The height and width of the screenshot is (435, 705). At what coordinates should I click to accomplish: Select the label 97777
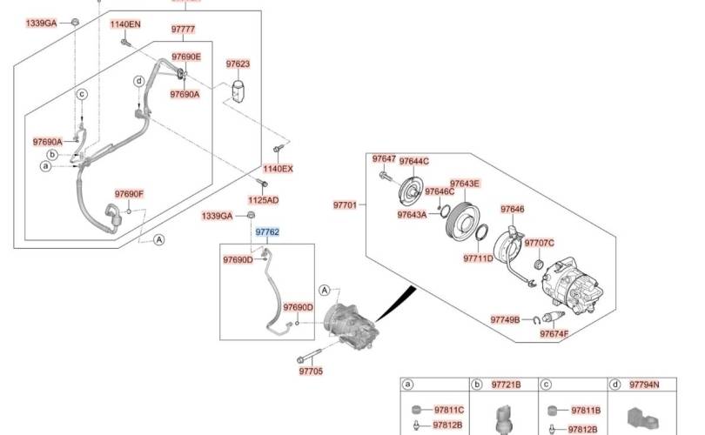click(183, 30)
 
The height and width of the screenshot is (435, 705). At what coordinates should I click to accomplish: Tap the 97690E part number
click(185, 57)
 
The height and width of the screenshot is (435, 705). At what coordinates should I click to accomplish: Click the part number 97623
click(238, 64)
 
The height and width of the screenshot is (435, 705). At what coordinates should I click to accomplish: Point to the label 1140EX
click(279, 169)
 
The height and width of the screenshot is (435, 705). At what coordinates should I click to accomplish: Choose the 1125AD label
click(262, 200)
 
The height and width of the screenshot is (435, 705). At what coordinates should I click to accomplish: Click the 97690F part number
click(129, 194)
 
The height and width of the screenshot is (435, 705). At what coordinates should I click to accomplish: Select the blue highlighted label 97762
click(267, 232)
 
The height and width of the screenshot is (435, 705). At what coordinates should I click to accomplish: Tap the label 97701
click(345, 205)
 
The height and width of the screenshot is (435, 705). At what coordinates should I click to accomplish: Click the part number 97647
click(384, 159)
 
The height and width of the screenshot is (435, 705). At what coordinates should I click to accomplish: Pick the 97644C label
click(414, 161)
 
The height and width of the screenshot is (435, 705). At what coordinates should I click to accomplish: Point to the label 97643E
click(464, 184)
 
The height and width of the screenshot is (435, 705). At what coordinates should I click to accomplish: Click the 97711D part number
click(478, 258)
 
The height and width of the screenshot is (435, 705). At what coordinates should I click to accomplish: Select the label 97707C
click(540, 242)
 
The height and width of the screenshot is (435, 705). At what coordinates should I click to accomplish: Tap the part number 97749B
click(505, 319)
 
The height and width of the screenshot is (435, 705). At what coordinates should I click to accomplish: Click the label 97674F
click(554, 334)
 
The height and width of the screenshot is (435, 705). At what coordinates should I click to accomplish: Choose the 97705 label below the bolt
click(311, 371)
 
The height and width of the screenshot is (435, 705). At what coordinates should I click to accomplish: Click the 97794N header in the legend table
click(644, 385)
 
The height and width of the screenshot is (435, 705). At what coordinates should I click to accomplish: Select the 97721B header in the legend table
click(507, 385)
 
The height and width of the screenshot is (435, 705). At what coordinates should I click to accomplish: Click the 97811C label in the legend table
click(449, 410)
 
